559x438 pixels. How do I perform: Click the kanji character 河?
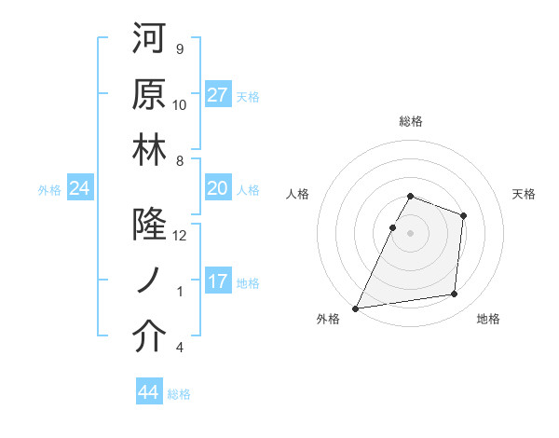tap(149, 40)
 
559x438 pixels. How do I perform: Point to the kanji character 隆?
tap(149, 226)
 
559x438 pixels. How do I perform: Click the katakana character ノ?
tap(149, 281)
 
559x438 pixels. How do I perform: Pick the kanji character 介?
tap(149, 337)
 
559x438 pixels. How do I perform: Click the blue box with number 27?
tap(218, 95)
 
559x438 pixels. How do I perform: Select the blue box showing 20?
tap(218, 189)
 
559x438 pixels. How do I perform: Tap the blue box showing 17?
tap(218, 282)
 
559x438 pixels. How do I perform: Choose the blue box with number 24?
tap(80, 189)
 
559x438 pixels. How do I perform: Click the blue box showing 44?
tap(149, 393)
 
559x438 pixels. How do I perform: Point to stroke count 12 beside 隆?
tap(180, 237)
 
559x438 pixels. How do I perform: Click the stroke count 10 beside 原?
tap(180, 104)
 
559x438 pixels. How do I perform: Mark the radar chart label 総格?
tap(411, 121)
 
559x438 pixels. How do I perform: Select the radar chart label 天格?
tap(525, 194)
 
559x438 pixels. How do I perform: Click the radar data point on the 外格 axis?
tap(355, 308)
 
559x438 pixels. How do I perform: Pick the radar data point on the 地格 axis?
tap(455, 294)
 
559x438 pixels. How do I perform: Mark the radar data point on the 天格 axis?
tap(463, 216)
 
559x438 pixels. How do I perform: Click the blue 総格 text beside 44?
tap(179, 394)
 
